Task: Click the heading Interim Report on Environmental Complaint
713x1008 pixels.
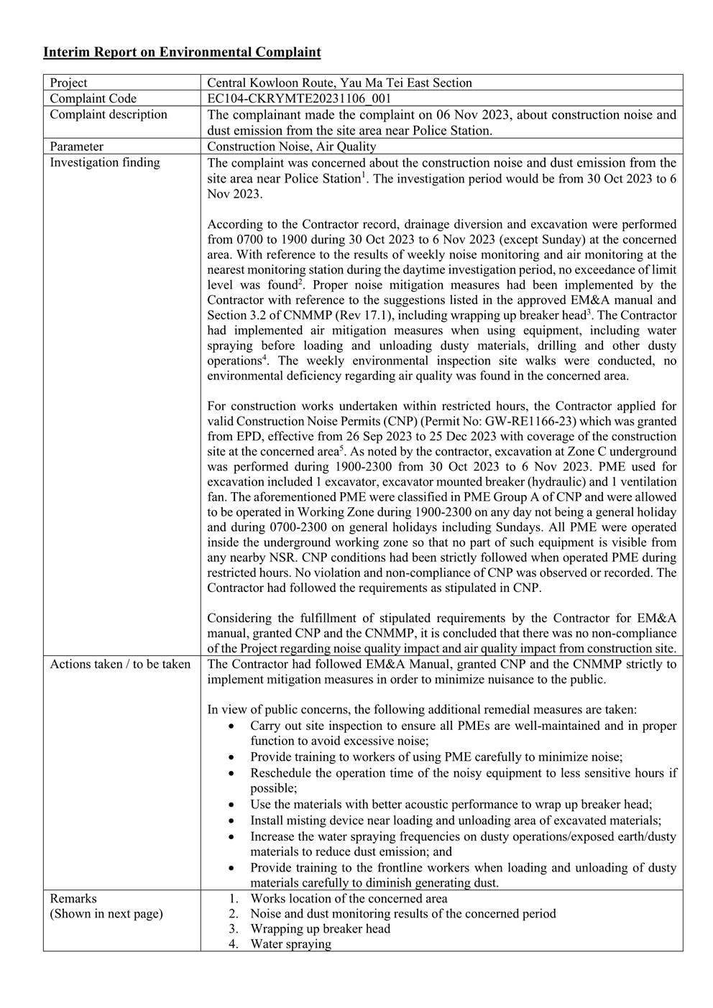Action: tap(182, 52)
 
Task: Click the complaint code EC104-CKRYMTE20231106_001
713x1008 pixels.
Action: tap(299, 98)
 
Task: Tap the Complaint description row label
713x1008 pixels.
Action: tap(109, 114)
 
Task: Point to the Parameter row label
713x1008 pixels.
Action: tap(77, 147)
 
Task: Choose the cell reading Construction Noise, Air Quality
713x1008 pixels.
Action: tap(291, 147)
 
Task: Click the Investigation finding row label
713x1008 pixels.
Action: tap(105, 162)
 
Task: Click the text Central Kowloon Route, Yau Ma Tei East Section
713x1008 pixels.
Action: tap(339, 83)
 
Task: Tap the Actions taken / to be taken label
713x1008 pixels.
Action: tap(120, 664)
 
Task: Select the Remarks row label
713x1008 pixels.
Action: tap(73, 898)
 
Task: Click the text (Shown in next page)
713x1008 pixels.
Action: tap(106, 914)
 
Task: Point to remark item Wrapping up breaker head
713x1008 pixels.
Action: tap(320, 928)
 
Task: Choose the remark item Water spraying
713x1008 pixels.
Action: tap(290, 944)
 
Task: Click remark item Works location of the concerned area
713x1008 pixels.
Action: tap(349, 898)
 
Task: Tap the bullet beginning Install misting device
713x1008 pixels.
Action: tap(456, 820)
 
